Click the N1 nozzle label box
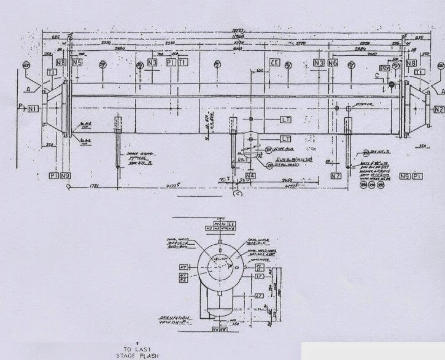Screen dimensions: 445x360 33,109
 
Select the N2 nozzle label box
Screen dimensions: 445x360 438,110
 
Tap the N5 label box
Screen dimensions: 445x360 77,63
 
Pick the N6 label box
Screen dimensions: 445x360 332,63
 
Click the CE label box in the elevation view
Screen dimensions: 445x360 275,63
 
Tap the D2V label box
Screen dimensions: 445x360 385,67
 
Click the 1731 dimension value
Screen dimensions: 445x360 94,185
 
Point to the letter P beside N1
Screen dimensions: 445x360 21,107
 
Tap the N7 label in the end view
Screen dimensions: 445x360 183,267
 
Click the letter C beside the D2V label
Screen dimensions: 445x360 376,76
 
